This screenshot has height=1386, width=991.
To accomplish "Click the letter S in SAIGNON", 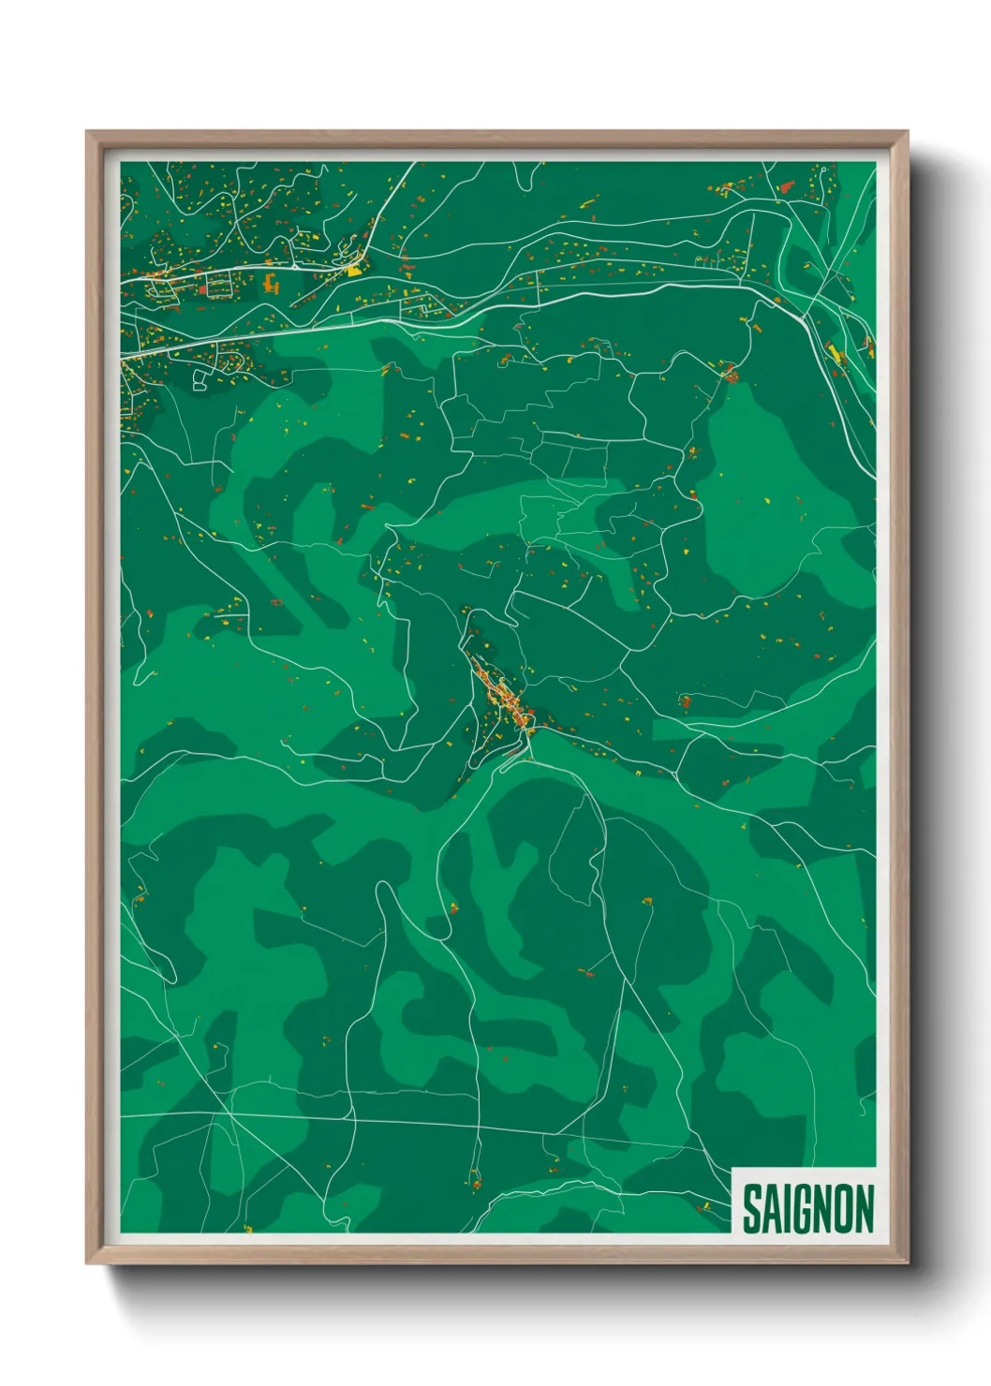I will (x=752, y=1209).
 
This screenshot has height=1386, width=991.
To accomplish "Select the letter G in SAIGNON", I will (x=802, y=1209).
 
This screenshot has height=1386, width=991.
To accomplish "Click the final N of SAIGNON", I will (x=865, y=1209).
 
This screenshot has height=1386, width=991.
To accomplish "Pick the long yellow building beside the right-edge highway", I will (x=834, y=353).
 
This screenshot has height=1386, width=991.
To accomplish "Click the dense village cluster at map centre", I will (x=506, y=698).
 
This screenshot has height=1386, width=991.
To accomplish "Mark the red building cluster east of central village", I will (x=685, y=700).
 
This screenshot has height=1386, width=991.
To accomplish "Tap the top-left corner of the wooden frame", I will (x=87, y=132).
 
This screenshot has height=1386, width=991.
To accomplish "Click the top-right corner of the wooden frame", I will (x=907, y=132).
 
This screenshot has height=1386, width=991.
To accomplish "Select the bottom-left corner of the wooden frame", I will (x=87, y=1262).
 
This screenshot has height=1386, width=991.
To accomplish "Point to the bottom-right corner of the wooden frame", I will (x=907, y=1262).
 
